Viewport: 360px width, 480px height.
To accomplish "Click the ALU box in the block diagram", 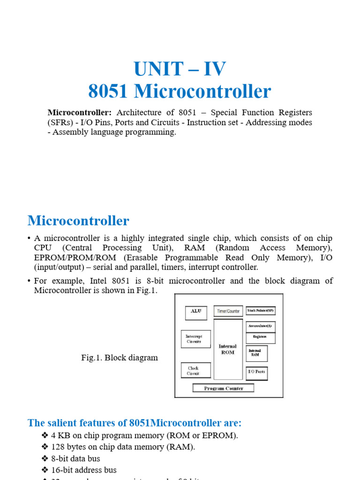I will click(196, 311).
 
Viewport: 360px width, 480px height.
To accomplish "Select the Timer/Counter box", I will click(228, 311).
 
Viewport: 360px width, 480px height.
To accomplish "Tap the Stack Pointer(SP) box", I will click(261, 311).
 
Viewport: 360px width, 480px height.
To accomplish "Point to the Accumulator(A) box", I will click(260, 326).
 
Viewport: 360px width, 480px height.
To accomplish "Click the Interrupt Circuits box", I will click(195, 339).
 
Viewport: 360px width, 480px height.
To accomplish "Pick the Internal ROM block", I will click(228, 349).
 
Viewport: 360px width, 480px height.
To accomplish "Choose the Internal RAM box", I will click(256, 353).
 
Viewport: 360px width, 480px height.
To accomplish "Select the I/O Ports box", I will click(256, 372).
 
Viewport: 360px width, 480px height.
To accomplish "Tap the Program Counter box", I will click(224, 388).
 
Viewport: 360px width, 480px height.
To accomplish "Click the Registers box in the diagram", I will click(260, 337).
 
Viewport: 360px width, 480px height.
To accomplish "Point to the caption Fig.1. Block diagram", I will click(120, 358).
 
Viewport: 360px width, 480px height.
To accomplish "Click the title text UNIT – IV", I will click(180, 69).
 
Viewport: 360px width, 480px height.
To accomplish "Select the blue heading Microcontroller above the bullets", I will click(78, 220).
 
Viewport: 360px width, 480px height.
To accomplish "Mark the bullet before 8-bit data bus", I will click(45, 458).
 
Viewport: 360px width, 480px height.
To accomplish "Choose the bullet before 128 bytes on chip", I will click(45, 447).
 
